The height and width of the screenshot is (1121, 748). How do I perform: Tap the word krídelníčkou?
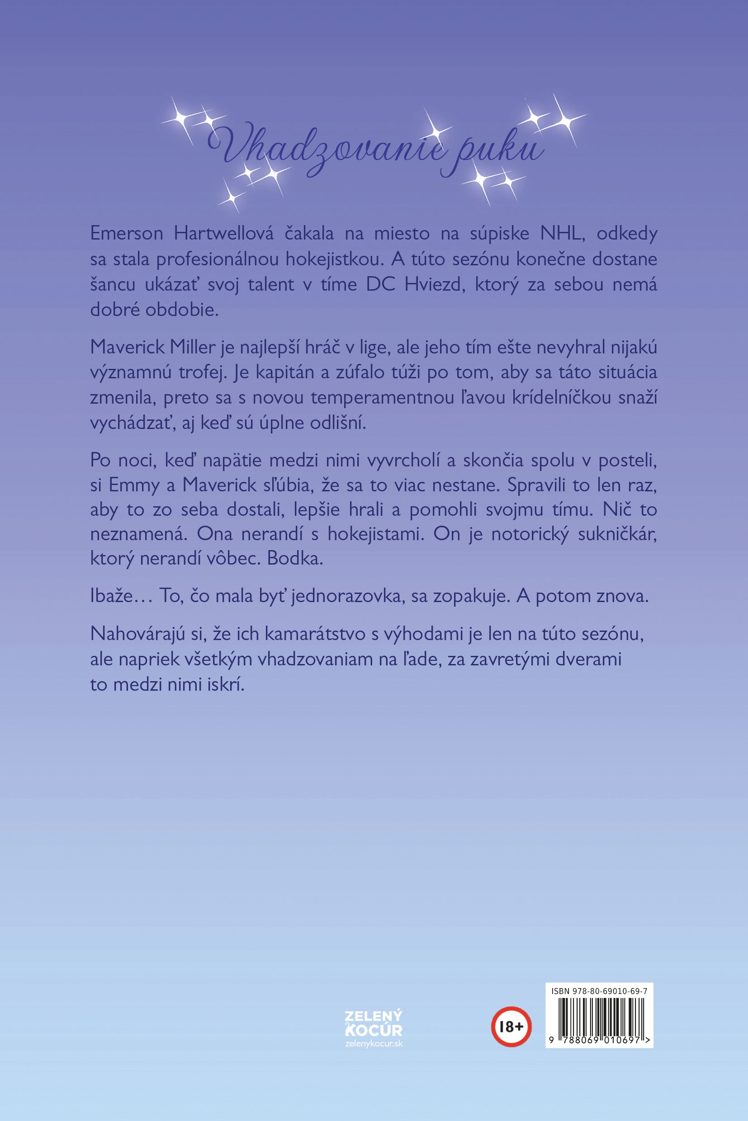(x=559, y=398)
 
